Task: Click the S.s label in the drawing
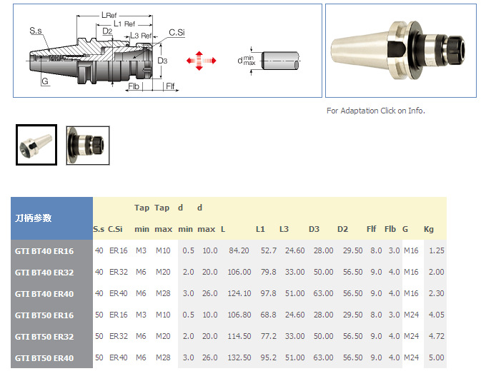click(x=36, y=31)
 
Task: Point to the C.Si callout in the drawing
click(x=177, y=32)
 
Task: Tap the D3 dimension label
click(x=162, y=61)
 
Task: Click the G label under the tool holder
click(x=45, y=81)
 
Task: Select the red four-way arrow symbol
click(x=201, y=61)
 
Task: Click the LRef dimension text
click(x=109, y=15)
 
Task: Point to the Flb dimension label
click(x=134, y=86)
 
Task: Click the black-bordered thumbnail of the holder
click(x=36, y=145)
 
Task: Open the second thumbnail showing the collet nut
click(x=88, y=146)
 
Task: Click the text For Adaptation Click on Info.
click(x=376, y=111)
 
